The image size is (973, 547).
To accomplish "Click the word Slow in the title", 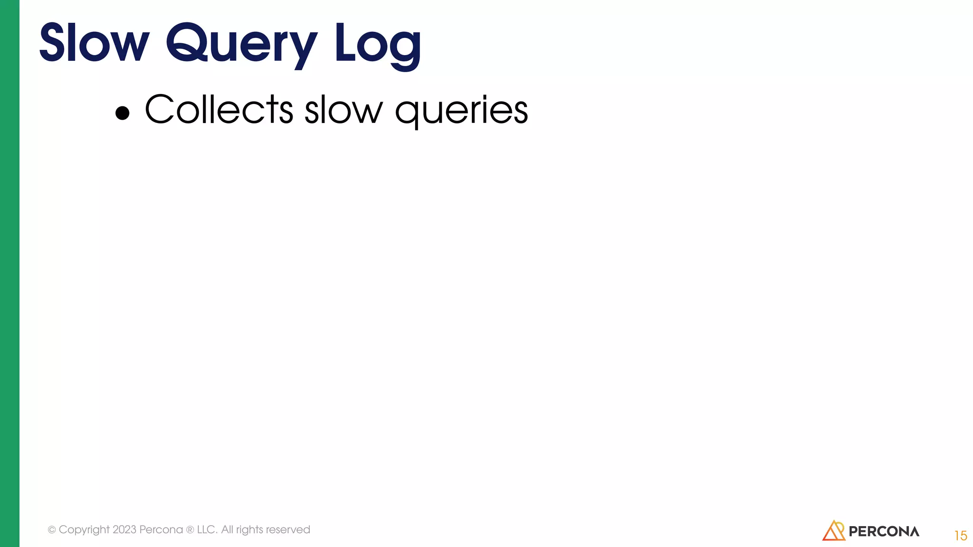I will pos(94,44).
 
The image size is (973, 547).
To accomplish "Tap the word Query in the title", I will pos(241,45).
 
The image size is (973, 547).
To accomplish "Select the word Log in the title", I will pos(377,45).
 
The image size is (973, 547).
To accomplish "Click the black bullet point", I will pos(123,113).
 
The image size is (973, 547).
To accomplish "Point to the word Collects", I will pos(219,110).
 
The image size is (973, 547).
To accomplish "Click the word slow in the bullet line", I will pos(343,110).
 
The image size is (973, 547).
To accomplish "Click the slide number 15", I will pos(960,536).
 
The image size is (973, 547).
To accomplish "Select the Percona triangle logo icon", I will pos(833,530).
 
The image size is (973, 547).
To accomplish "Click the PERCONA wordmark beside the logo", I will pos(884,531).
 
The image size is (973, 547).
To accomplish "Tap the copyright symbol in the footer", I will pos(52,530).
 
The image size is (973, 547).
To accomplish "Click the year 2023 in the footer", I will pos(124,529).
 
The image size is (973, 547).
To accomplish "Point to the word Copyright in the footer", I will pos(84,530).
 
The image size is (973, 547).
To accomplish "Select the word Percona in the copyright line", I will pos(161,529).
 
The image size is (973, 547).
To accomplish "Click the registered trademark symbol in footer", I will pos(190,530).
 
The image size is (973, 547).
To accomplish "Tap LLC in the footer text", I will pos(207,529).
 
